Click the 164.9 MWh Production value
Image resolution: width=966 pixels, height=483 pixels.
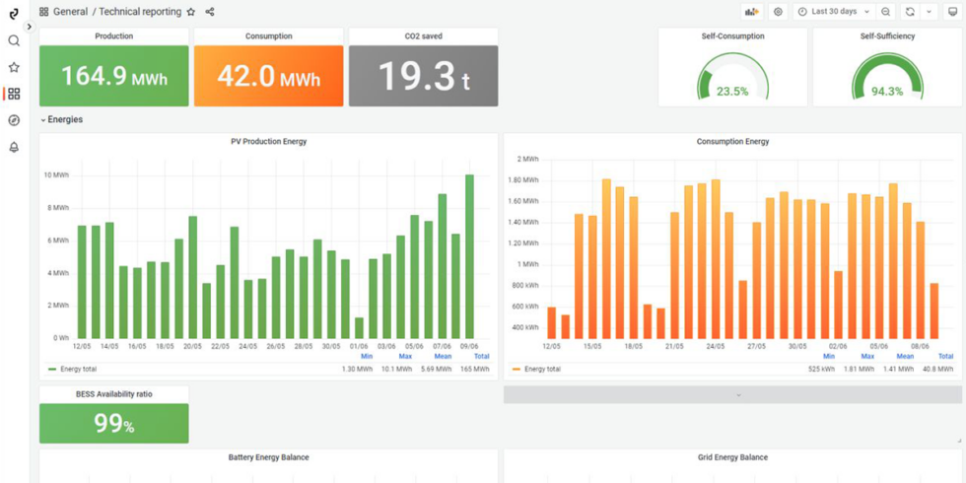point(114,76)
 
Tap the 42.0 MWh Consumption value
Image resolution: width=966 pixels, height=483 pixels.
point(268,76)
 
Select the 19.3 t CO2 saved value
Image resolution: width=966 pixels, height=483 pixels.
point(423,76)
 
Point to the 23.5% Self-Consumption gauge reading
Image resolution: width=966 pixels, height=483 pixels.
point(732,91)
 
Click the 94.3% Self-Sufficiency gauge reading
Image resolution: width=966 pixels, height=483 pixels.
point(887,91)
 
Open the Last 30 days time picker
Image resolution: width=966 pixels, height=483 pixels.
point(834,12)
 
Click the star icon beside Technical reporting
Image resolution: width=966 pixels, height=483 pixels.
point(191,12)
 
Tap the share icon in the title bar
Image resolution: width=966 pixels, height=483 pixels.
point(210,12)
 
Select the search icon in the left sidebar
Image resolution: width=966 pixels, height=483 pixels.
point(14,40)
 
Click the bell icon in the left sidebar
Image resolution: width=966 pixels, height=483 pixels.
point(14,147)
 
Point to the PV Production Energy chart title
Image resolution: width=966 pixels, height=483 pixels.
point(268,142)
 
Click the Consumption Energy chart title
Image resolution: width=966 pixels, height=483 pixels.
point(732,142)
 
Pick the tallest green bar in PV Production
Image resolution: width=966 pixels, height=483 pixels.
point(469,256)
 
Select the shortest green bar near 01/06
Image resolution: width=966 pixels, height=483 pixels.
point(359,327)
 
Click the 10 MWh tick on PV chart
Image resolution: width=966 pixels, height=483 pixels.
point(58,175)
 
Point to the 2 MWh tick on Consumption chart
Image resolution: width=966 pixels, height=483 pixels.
point(527,159)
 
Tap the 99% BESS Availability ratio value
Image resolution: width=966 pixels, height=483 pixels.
point(114,424)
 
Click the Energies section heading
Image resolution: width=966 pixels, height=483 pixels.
point(65,119)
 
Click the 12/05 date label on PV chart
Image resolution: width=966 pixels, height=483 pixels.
point(83,346)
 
